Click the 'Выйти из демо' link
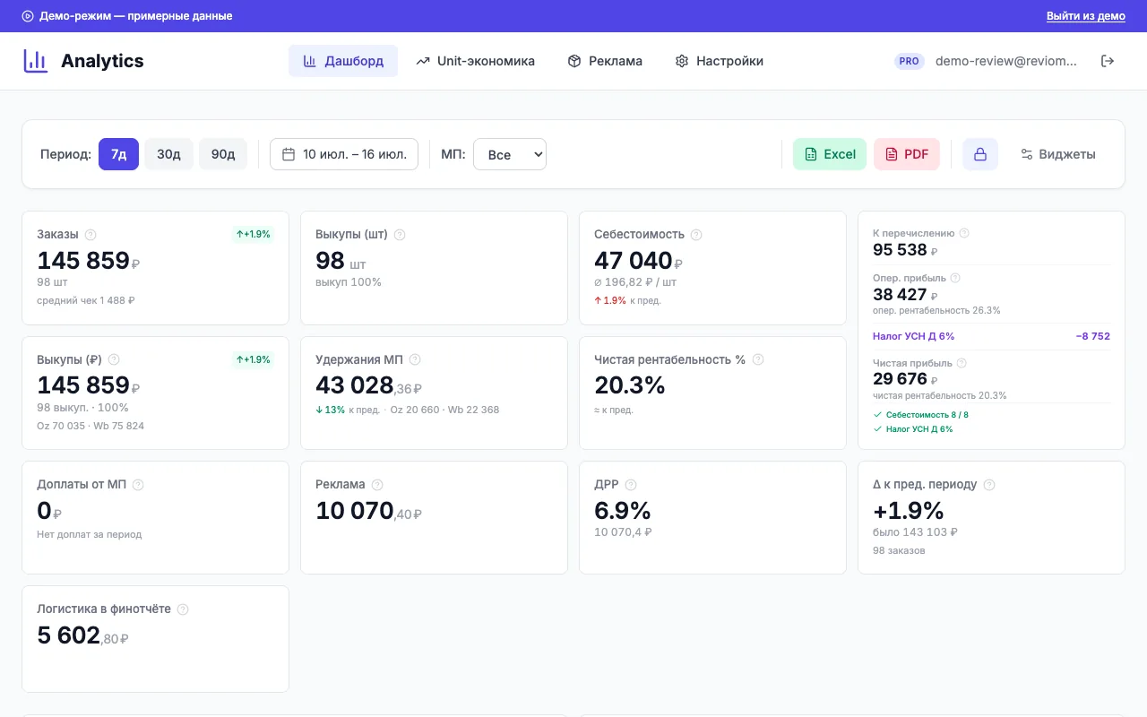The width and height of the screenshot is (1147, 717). point(1085,16)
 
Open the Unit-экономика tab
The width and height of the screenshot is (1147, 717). point(475,61)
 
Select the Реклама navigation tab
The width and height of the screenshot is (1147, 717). point(605,61)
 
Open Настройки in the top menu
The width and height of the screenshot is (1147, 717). point(719,61)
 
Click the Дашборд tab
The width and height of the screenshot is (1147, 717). point(343,61)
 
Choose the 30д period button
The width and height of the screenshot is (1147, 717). point(168,154)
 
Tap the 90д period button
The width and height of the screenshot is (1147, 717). point(223,154)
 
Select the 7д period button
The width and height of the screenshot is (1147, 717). point(118,154)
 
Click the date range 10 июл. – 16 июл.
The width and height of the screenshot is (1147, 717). point(344,154)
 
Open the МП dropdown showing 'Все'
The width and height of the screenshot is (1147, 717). point(510,154)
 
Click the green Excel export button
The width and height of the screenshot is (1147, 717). point(830,154)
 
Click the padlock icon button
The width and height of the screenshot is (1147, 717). point(980,154)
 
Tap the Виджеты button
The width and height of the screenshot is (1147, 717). point(1058,154)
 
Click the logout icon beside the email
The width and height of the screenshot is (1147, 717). point(1108,61)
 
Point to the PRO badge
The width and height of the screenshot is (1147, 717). point(909,61)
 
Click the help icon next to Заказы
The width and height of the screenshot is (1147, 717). point(91,235)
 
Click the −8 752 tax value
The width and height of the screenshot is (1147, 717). point(1092,336)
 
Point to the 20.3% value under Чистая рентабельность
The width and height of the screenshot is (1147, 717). point(629,385)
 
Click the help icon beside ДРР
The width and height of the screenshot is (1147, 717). point(631,485)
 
